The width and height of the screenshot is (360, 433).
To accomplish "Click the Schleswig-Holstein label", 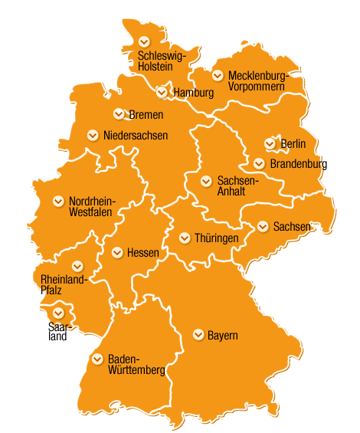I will (162, 61).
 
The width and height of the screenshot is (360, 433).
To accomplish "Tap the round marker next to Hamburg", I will (162, 92).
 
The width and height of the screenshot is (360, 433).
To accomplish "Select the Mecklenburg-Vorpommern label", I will (257, 80).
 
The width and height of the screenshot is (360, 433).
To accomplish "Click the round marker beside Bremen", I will (119, 114).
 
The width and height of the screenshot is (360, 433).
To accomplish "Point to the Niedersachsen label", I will (135, 136).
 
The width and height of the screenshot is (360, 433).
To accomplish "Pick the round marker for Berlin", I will (270, 143).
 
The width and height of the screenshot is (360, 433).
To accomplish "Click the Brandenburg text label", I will (298, 164).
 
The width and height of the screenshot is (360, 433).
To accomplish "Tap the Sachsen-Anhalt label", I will (238, 186).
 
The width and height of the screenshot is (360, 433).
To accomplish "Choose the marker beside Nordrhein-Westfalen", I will (58, 201).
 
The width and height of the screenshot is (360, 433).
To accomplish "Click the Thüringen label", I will (217, 238).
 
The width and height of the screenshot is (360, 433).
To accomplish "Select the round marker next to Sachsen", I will (263, 226).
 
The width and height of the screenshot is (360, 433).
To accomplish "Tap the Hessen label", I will (142, 252).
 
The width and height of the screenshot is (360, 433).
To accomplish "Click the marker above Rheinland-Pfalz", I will (77, 265).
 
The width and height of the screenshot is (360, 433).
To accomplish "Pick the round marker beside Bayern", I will (198, 335).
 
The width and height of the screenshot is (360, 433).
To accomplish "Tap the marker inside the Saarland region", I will (58, 312).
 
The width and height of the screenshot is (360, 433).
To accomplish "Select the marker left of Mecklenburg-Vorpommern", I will (218, 75).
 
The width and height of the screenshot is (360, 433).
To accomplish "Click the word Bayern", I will (223, 336).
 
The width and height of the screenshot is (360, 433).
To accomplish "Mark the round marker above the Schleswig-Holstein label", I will (143, 41).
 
